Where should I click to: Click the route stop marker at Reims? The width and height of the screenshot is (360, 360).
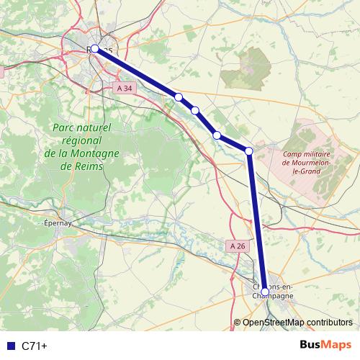[94, 49]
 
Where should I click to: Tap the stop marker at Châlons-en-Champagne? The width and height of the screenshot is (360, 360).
[264, 292]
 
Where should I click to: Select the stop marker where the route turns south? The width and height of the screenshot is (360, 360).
[248, 150]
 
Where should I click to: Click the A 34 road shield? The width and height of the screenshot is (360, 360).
[125, 88]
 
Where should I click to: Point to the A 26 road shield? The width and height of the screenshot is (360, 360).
[238, 246]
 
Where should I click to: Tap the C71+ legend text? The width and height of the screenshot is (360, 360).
[35, 346]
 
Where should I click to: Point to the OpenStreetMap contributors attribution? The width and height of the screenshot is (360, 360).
[297, 322]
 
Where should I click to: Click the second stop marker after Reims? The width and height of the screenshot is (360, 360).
[178, 96]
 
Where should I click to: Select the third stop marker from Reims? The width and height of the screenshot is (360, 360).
[195, 110]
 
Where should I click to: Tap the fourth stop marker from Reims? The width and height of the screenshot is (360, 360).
[216, 135]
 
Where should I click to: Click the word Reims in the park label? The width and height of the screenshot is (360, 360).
[89, 166]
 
